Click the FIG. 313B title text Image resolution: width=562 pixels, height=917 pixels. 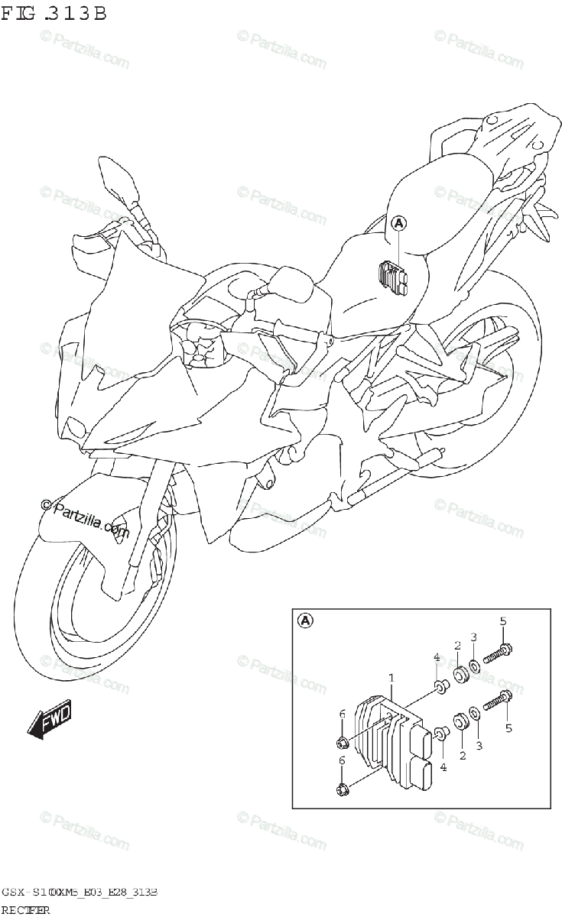click(x=54, y=13)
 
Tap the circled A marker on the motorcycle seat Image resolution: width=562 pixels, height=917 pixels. click(x=399, y=224)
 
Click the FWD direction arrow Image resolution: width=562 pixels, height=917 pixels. click(x=50, y=719)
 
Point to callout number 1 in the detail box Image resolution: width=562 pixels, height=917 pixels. click(x=391, y=677)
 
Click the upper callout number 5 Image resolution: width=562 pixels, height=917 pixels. click(x=503, y=621)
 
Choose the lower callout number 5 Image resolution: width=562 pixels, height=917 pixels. click(x=508, y=729)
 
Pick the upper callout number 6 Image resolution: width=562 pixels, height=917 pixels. click(x=343, y=714)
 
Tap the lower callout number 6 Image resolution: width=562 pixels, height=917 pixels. click(x=343, y=760)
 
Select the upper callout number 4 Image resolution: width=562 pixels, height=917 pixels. click(x=436, y=657)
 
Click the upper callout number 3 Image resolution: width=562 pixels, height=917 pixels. click(x=473, y=637)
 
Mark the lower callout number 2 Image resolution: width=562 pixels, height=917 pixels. click(x=463, y=756)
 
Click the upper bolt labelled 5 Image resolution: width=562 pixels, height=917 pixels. click(x=496, y=653)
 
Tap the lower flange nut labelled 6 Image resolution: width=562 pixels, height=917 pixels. click(x=343, y=789)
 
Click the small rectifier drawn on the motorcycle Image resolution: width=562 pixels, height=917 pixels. click(x=394, y=276)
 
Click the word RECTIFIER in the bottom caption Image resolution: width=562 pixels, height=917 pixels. click(x=26, y=909)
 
